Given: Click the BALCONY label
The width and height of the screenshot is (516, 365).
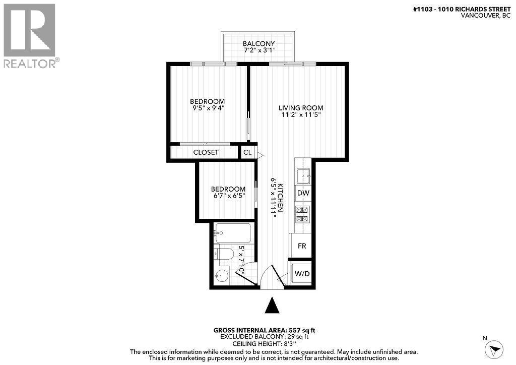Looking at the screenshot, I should [x=257, y=44].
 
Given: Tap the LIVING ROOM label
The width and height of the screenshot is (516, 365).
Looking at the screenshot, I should [x=301, y=108].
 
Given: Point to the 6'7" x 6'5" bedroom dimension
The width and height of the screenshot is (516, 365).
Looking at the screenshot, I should [x=228, y=196].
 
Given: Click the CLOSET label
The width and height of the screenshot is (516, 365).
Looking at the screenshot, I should [x=206, y=152].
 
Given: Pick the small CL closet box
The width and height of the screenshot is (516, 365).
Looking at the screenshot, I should [x=247, y=152].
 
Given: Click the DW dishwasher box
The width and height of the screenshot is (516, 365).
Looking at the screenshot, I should [x=303, y=193].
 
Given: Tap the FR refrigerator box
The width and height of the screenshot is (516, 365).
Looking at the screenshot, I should [x=302, y=246].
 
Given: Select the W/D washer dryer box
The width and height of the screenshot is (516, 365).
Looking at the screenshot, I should [x=302, y=274].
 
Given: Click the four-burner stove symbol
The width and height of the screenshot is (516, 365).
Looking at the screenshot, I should [x=302, y=214].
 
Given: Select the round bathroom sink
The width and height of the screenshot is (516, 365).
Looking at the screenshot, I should [x=221, y=276].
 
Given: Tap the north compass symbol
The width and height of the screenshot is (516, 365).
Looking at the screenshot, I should [x=493, y=348].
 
